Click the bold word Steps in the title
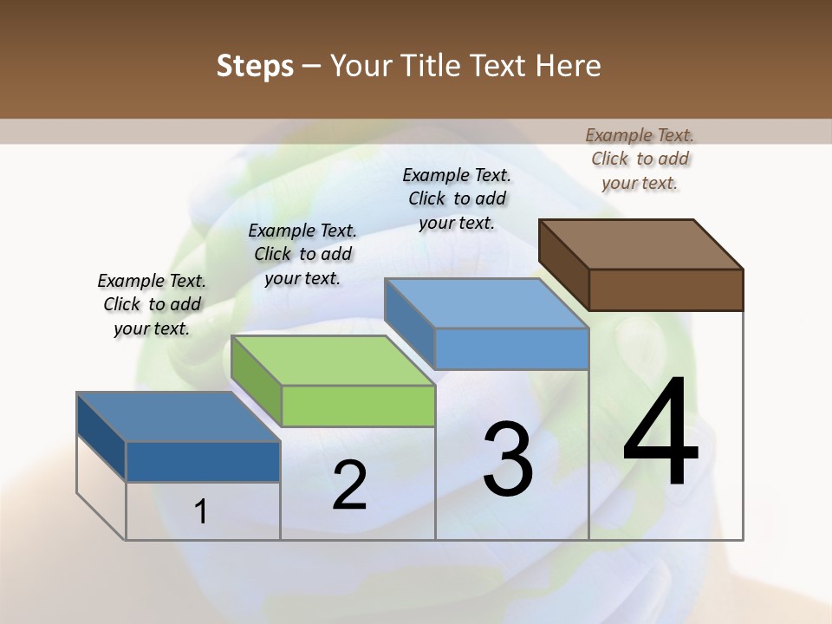[255, 66]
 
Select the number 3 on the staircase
[508, 459]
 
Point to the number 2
[349, 485]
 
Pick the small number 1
[201, 511]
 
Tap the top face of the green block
[333, 360]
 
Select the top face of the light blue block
[486, 303]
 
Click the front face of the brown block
[666, 289]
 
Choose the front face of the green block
[358, 406]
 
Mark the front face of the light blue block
[511, 348]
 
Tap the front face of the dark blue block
[203, 461]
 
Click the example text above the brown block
[640, 159]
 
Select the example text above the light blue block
[457, 198]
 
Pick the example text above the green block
[302, 254]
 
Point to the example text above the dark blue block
[152, 304]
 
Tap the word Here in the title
[569, 66]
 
